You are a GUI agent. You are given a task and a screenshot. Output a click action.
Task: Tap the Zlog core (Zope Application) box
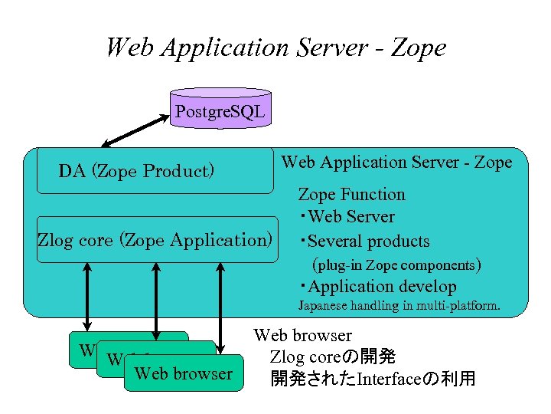pos(155,240)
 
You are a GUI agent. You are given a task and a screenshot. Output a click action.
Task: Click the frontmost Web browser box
pos(182,373)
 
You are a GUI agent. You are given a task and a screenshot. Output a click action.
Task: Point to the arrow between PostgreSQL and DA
pos(136,129)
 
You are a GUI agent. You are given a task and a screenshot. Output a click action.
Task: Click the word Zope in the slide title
pos(418,48)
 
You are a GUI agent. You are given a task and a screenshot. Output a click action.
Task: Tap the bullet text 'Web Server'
pos(351,217)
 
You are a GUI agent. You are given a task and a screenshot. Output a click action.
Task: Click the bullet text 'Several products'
pos(368,242)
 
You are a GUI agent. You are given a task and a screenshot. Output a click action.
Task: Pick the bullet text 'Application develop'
pos(382,287)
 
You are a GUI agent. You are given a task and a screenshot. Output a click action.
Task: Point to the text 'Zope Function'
pos(351,195)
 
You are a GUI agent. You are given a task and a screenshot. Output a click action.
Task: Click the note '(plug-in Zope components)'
pos(396,265)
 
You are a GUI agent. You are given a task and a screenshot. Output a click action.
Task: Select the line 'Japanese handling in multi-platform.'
pos(399,307)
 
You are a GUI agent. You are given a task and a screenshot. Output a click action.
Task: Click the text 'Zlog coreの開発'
pos(332,357)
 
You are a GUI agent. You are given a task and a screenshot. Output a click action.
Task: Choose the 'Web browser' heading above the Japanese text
pos(302,335)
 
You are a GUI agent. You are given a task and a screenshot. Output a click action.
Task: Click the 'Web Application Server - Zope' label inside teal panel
pos(396,163)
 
